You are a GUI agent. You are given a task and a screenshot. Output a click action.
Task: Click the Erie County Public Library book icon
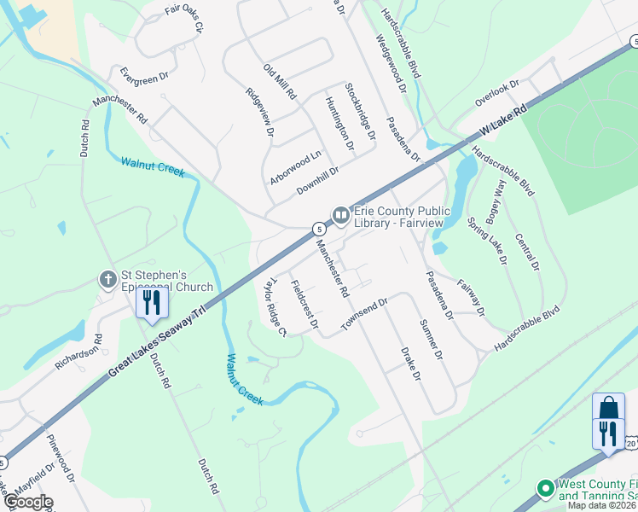point(340,215)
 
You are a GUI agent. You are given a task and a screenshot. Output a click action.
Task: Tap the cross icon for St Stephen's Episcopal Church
point(108,279)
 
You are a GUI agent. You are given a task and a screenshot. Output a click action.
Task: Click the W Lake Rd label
point(505,119)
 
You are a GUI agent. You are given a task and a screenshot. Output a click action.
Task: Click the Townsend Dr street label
point(364,314)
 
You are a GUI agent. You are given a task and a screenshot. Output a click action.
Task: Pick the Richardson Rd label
point(78,351)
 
